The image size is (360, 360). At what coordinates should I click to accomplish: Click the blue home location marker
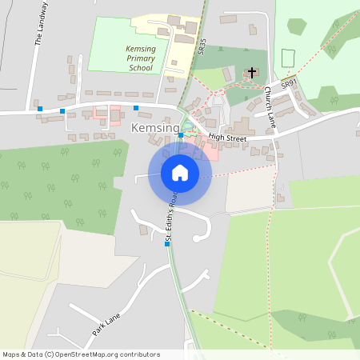coord(180,172)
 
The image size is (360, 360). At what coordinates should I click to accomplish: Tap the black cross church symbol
coord(251,73)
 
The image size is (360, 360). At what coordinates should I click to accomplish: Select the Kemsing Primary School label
coord(129,58)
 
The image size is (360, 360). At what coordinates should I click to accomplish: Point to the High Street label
coord(227,138)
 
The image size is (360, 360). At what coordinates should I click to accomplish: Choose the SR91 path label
coord(289,82)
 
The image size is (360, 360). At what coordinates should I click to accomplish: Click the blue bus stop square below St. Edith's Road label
coord(167,243)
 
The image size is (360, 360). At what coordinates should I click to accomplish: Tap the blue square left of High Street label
coord(181,135)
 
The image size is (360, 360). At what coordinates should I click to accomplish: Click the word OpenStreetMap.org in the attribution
coord(89,354)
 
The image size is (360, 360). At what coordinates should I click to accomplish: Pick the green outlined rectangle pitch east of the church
coord(289,58)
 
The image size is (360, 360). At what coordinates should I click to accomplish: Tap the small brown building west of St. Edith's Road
coord(143,230)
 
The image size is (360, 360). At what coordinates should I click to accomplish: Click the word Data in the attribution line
coord(31,354)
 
